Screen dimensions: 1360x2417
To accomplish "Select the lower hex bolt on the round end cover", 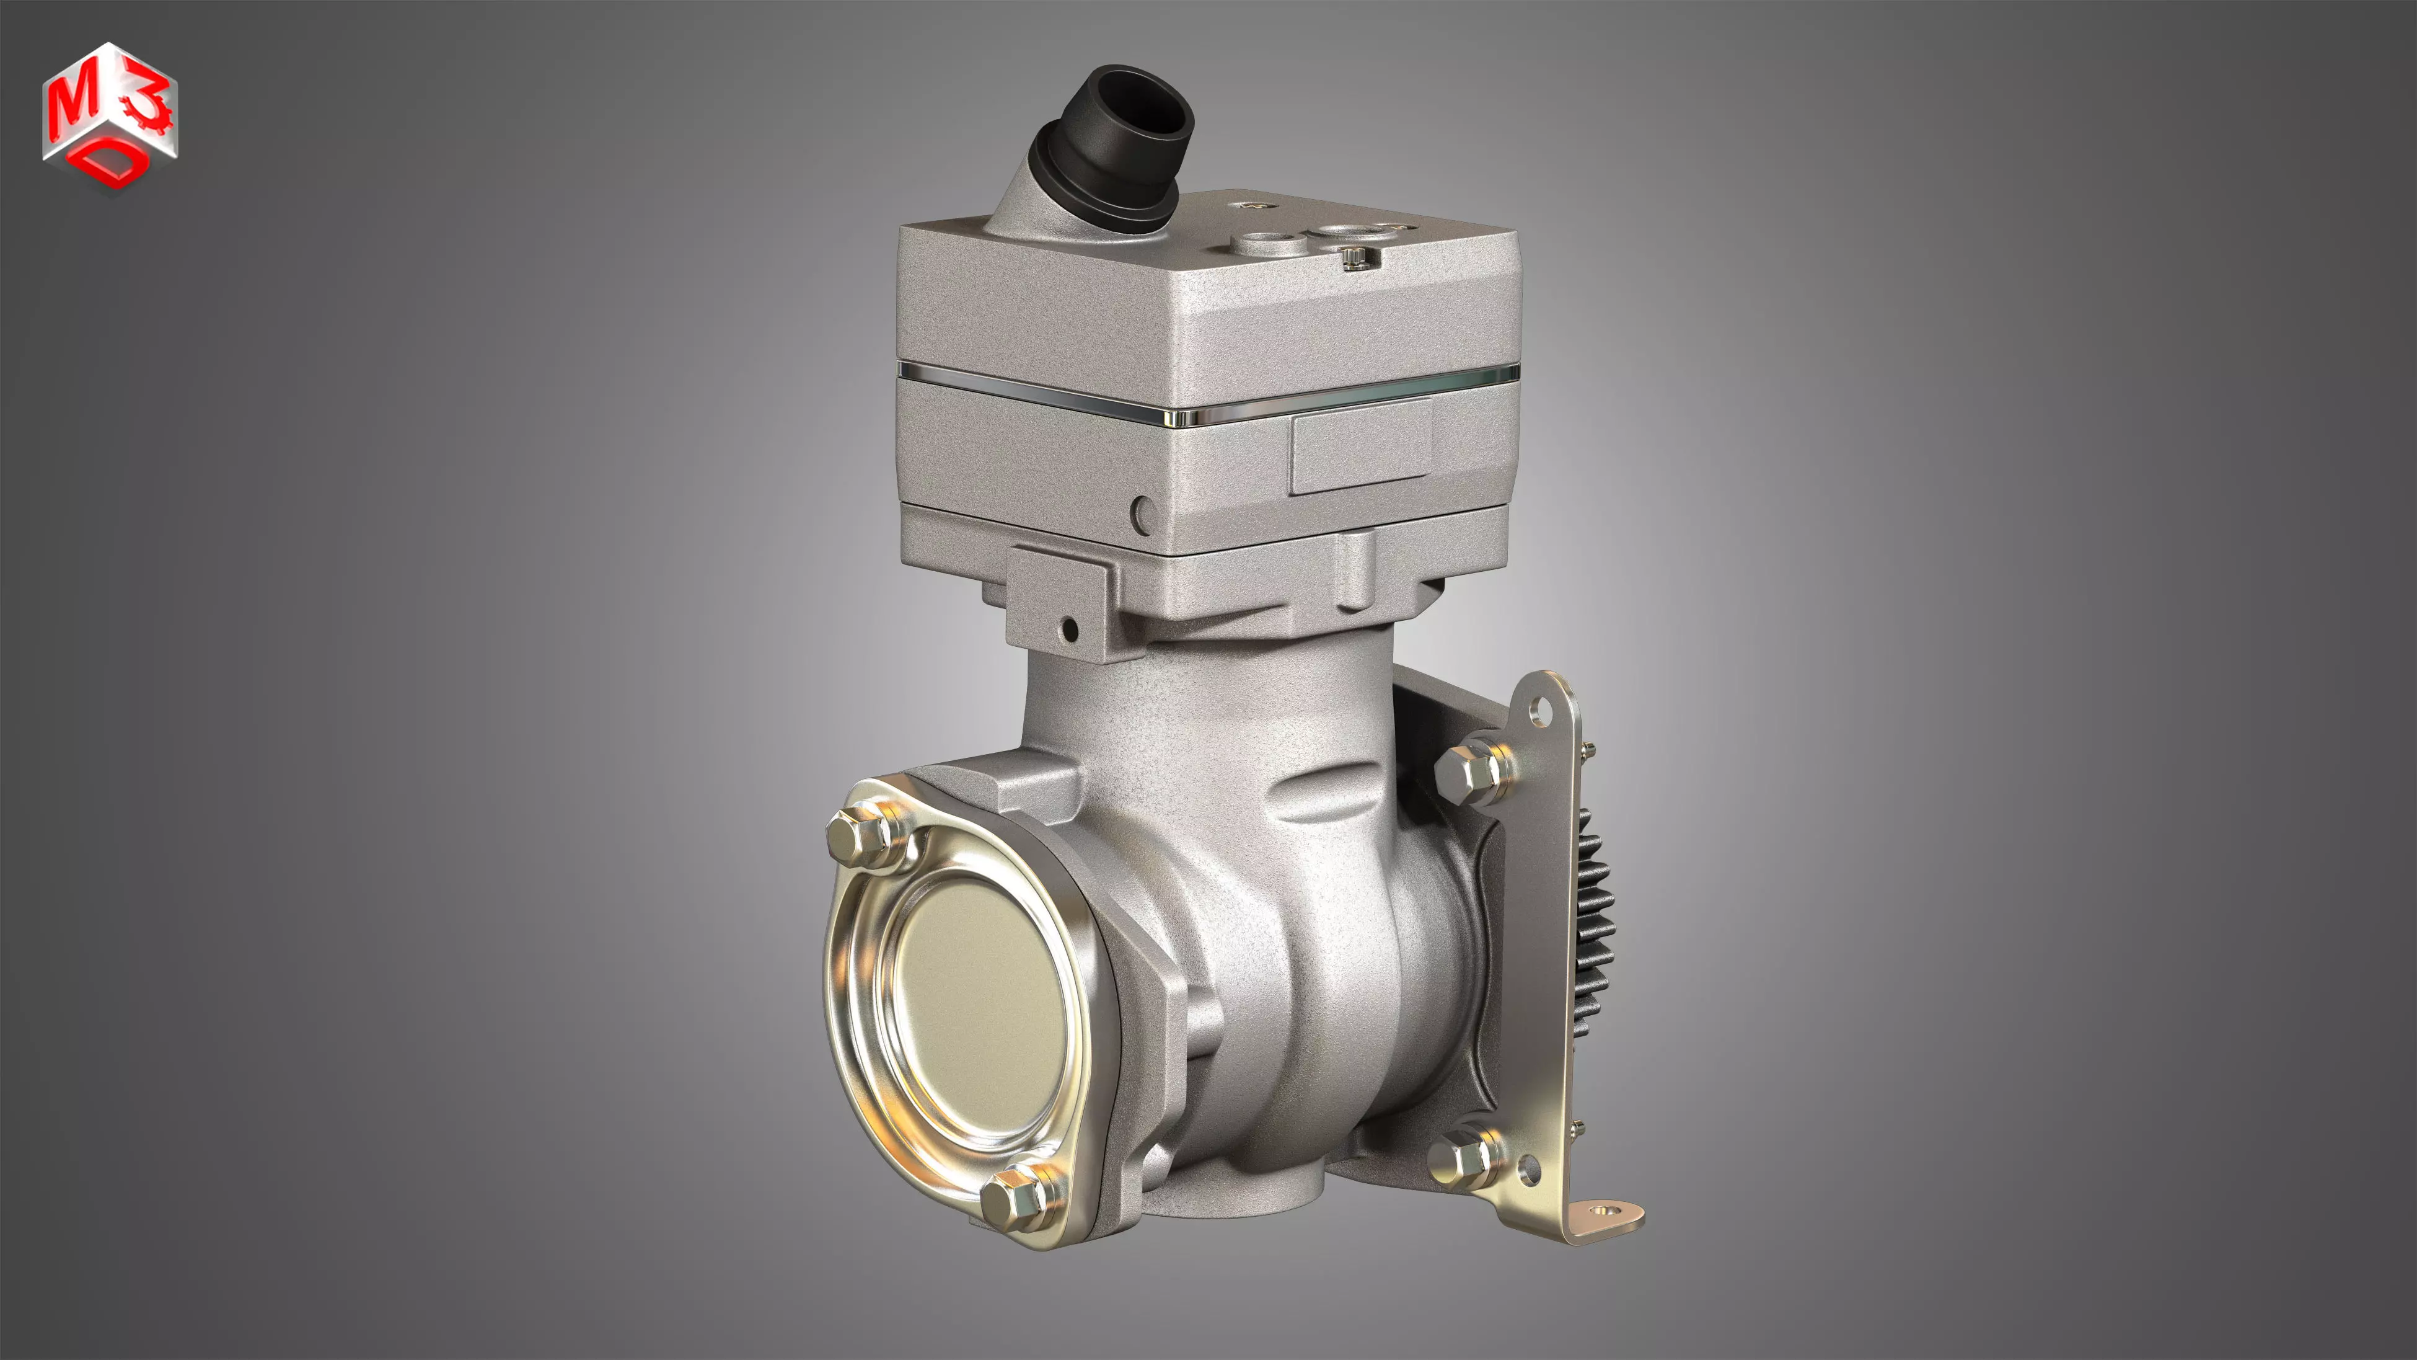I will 1018,1201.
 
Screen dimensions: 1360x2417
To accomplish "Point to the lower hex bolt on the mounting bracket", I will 1464,1161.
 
